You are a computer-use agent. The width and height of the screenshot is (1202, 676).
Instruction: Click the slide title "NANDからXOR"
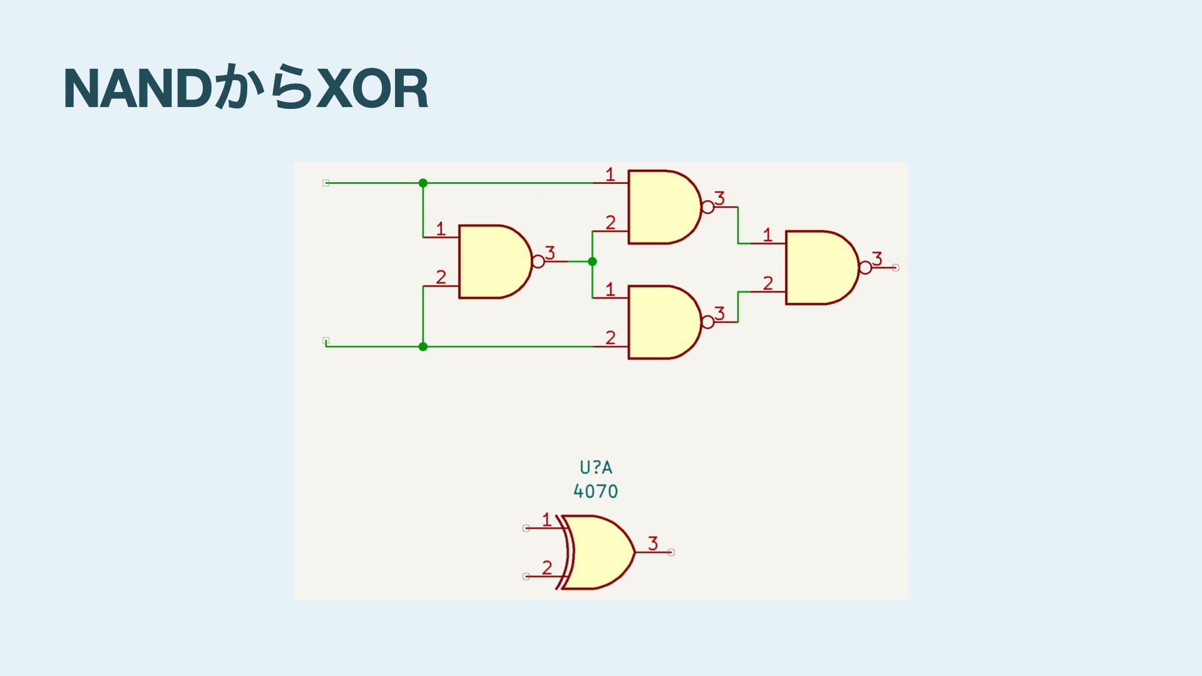[245, 88]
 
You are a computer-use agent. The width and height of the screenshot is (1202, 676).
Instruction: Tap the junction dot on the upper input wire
[423, 183]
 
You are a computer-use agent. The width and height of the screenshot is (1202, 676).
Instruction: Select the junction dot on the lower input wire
[423, 346]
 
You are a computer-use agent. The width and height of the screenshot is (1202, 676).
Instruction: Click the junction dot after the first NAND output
[592, 262]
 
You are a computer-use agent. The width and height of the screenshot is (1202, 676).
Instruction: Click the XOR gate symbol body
[598, 552]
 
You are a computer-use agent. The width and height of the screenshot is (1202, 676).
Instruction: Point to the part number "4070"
[595, 491]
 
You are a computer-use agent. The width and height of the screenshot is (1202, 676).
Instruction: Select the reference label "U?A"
[595, 468]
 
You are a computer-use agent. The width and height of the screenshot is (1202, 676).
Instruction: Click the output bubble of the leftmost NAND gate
[538, 262]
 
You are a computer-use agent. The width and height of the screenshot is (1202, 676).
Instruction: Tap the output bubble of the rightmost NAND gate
[865, 268]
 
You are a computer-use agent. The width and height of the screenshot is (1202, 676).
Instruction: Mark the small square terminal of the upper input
[326, 183]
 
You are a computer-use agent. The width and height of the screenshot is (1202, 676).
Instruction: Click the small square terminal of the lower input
[326, 341]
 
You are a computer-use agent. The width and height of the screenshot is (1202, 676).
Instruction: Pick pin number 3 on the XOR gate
[653, 543]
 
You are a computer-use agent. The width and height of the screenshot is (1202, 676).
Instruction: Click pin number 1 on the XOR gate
[547, 520]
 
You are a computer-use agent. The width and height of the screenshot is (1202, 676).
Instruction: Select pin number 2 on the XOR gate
[547, 567]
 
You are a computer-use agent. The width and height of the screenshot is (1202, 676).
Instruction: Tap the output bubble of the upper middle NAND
[707, 207]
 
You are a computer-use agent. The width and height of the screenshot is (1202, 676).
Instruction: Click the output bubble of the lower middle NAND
[707, 322]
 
